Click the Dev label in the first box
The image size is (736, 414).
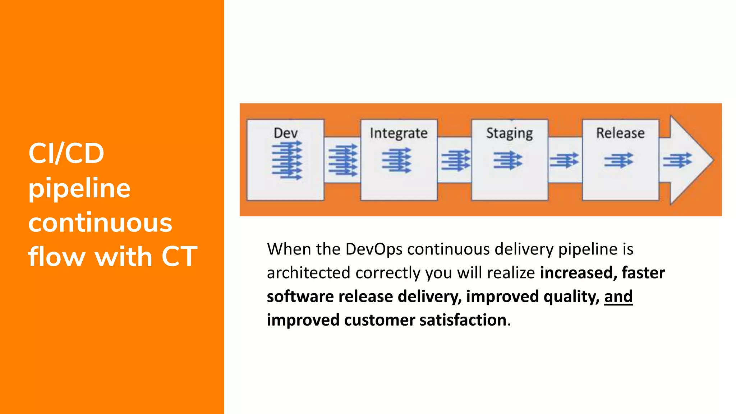pyautogui.click(x=286, y=133)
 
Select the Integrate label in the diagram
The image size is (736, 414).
pyautogui.click(x=399, y=133)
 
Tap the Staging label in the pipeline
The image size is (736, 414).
pyautogui.click(x=509, y=133)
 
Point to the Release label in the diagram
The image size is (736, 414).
pyautogui.click(x=620, y=133)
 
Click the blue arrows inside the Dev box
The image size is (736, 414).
pyautogui.click(x=287, y=160)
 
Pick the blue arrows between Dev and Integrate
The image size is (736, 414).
pyautogui.click(x=343, y=160)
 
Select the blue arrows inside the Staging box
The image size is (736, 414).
pyautogui.click(x=507, y=160)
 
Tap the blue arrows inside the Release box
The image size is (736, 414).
pyautogui.click(x=618, y=160)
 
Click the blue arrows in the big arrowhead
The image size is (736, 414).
pyautogui.click(x=677, y=160)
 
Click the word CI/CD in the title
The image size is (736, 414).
pyautogui.click(x=66, y=153)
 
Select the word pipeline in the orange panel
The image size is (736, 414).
pyautogui.click(x=79, y=188)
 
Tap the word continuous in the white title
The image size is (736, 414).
pyautogui.click(x=100, y=223)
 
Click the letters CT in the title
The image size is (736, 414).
pyautogui.click(x=179, y=257)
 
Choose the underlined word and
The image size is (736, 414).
pyautogui.click(x=618, y=296)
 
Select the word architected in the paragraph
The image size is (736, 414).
pyautogui.click(x=308, y=273)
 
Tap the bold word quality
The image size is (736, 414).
pyautogui.click(x=571, y=296)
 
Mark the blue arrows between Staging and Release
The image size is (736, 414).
pyautogui.click(x=564, y=160)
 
